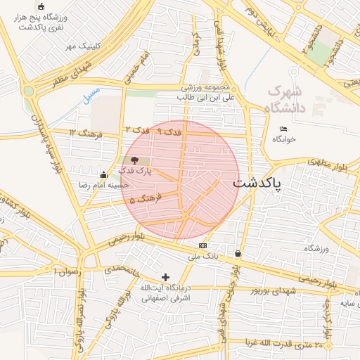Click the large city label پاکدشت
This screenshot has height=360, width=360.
point(257,183)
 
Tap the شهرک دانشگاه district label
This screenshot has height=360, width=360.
point(285,99)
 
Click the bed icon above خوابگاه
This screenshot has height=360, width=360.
point(283,129)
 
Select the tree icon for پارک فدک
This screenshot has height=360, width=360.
point(134,161)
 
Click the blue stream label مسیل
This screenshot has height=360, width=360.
point(90,96)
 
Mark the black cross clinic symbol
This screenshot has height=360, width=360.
point(165,278)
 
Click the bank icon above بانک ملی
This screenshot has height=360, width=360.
point(203,245)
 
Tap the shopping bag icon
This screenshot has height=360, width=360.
point(238,253)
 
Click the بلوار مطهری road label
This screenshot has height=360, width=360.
point(328,166)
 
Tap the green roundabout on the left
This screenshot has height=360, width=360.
point(28,90)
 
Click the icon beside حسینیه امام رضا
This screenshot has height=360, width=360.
point(104,175)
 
